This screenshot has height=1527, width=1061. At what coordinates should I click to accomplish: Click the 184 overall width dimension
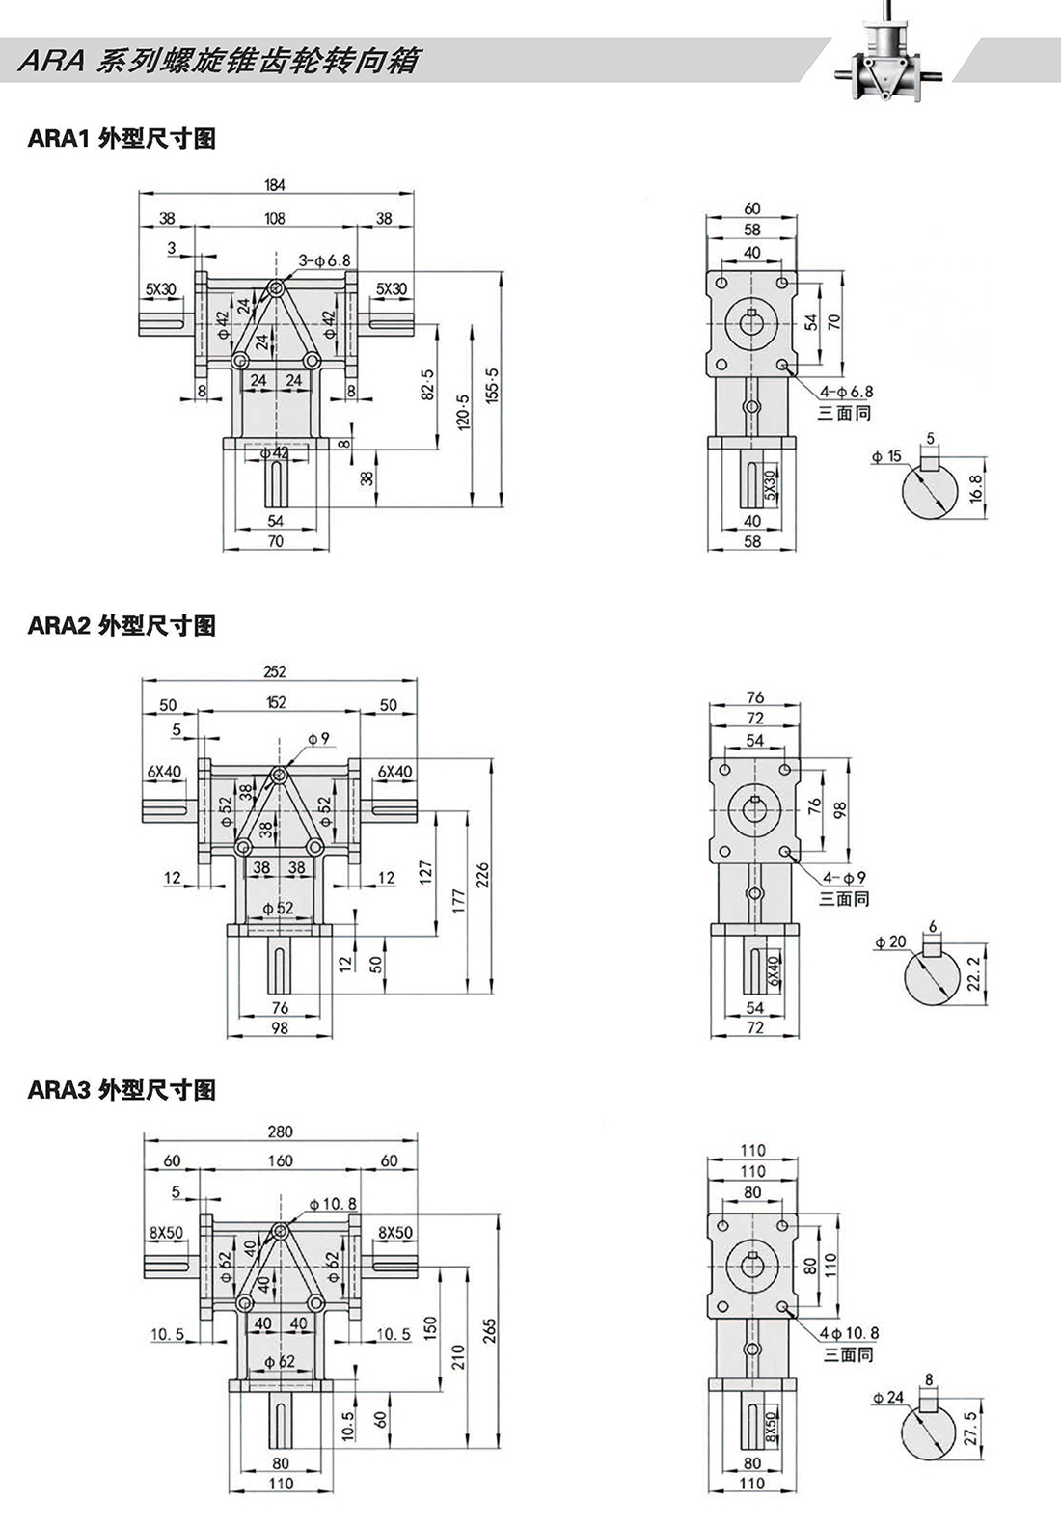click(x=275, y=184)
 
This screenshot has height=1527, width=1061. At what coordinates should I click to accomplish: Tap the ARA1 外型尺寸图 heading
click(x=122, y=139)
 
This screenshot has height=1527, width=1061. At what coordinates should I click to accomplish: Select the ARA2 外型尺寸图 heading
click(x=122, y=626)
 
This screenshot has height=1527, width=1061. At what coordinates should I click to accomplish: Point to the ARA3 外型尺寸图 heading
click(x=122, y=1090)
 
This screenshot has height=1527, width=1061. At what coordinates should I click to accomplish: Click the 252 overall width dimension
click(x=275, y=671)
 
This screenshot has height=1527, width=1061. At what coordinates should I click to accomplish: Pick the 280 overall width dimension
click(x=280, y=1132)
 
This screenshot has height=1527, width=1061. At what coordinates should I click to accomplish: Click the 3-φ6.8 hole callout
click(x=324, y=260)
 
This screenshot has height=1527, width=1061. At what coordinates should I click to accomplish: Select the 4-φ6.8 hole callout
click(x=846, y=392)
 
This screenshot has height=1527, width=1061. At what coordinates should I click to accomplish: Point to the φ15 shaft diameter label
click(x=886, y=456)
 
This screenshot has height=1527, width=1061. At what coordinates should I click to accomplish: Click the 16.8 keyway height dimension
click(x=975, y=488)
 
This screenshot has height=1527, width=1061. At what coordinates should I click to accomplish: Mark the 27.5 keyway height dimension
click(x=970, y=1430)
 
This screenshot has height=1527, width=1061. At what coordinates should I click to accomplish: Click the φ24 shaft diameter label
click(x=888, y=1397)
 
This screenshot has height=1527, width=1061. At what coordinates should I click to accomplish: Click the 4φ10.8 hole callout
click(x=849, y=1333)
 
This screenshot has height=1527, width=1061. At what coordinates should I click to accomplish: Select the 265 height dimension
click(x=489, y=1338)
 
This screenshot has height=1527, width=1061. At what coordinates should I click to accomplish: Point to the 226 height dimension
click(x=483, y=876)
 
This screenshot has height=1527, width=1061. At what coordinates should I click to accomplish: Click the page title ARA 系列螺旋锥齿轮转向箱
click(x=219, y=62)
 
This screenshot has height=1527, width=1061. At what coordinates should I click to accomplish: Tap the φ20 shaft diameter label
click(x=890, y=941)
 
